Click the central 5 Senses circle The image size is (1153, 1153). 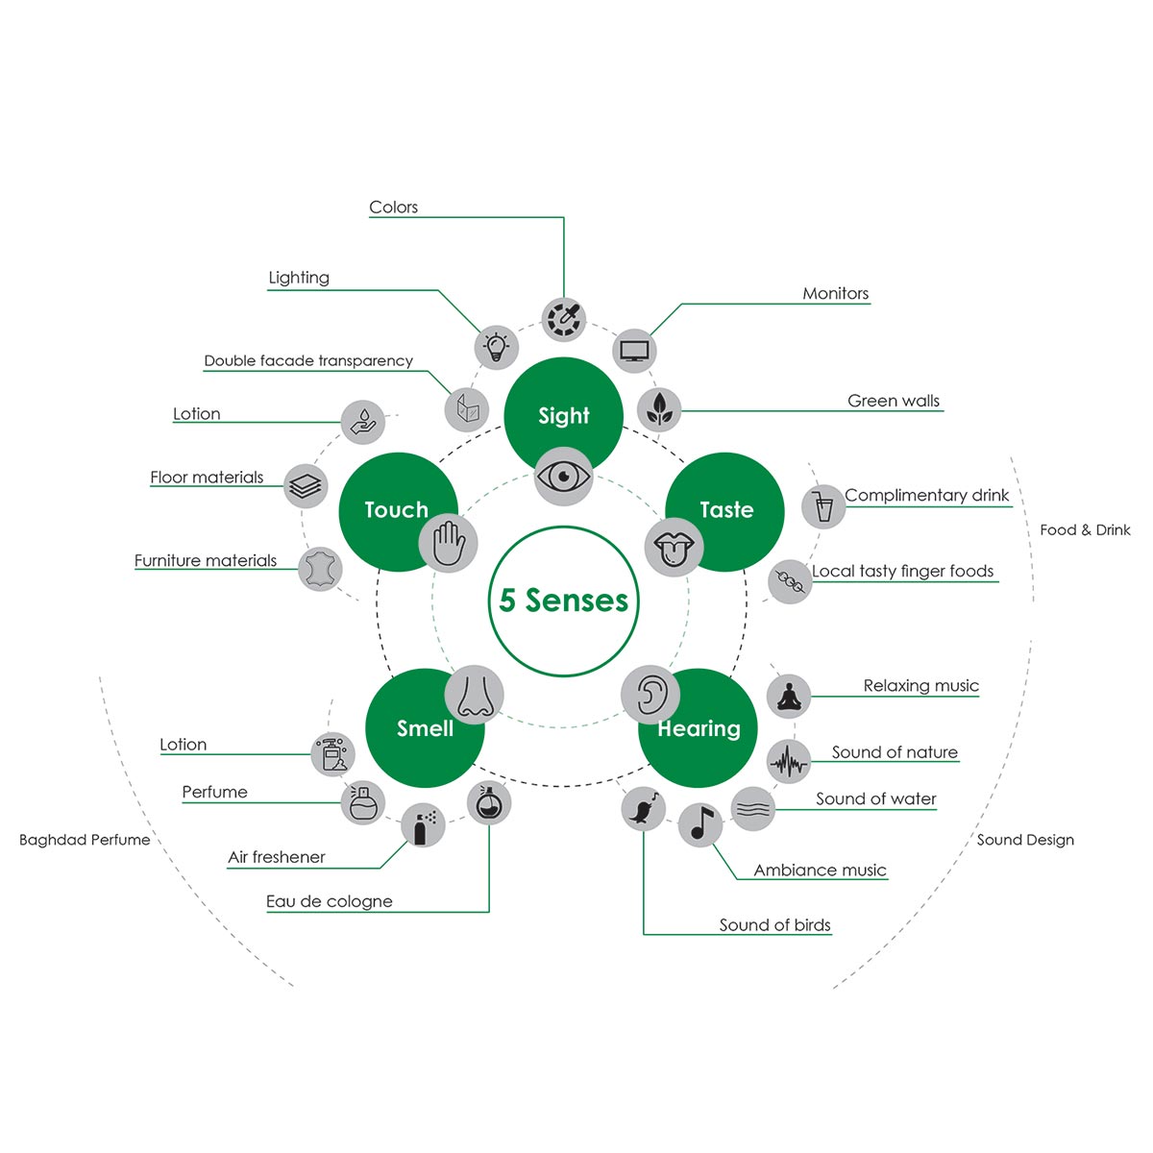pos(563,601)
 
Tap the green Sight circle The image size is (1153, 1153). pos(563,416)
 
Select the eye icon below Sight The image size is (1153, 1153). pos(563,477)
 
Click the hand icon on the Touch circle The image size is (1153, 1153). pos(448,543)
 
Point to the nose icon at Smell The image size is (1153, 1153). pos(474,695)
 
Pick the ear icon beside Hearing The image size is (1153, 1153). pos(650,695)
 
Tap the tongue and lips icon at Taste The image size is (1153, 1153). pos(675,548)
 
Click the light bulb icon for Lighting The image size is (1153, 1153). pos(496,347)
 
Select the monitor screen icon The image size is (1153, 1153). pos(634,351)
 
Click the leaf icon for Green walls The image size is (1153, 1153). pos(659,410)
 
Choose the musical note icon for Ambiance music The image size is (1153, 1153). pos(700,824)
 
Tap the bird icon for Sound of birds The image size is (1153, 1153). pos(643,809)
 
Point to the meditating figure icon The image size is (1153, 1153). pos(789,697)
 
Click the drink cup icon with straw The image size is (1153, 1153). pos(823,506)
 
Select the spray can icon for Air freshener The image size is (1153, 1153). pos(423,825)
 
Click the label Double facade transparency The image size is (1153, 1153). pos(308,361)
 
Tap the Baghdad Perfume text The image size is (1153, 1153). pos(85,840)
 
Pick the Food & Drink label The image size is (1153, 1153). pos(1085,530)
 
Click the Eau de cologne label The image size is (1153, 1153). pos(330,901)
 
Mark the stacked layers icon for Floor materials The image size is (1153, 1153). pos(306,486)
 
